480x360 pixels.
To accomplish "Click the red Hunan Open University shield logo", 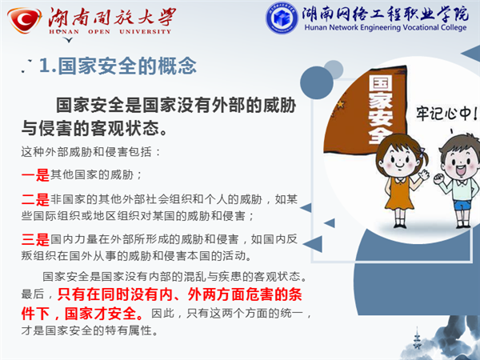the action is click(25, 20).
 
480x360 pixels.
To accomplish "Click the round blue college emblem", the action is click(282, 18).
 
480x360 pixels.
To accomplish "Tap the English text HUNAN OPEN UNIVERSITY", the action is click(110, 31).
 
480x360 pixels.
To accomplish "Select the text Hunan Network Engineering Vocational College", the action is click(386, 27).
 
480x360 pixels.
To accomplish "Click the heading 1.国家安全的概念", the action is click(118, 66).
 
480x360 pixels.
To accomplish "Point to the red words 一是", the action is click(35, 175).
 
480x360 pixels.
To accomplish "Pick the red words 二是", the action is click(35, 199).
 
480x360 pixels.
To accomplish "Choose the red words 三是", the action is click(35, 239).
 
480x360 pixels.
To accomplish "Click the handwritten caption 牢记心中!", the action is click(446, 114).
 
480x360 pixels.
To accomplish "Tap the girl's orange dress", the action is click(398, 194).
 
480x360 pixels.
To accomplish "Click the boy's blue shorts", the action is click(462, 204).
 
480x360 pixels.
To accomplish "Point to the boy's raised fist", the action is click(438, 178).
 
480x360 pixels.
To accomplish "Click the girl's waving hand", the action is click(424, 174).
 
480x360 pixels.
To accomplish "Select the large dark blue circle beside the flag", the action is click(317, 82).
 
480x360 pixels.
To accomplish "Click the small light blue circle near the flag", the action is click(334, 70).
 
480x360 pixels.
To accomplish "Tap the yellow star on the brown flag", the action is click(340, 104).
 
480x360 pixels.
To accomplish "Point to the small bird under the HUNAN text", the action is click(69, 40).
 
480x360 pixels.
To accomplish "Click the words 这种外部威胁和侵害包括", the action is click(86, 151).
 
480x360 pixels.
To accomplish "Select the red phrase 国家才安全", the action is click(100, 314).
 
